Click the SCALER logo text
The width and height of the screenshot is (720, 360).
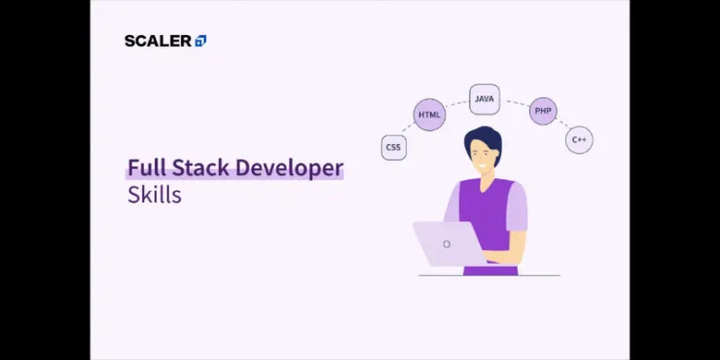[159, 41]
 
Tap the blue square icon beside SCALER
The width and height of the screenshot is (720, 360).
[200, 41]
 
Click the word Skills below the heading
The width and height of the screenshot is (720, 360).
[154, 194]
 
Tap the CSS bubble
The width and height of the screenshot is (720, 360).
[393, 148]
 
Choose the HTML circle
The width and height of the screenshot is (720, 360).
[429, 115]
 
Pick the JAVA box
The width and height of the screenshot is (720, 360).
[485, 98]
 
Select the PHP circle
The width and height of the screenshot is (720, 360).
[543, 111]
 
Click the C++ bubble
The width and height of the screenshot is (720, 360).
[579, 140]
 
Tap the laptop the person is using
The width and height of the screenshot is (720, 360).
[448, 243]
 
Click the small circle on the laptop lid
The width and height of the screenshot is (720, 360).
[447, 244]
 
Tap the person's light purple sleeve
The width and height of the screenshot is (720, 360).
[517, 207]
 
